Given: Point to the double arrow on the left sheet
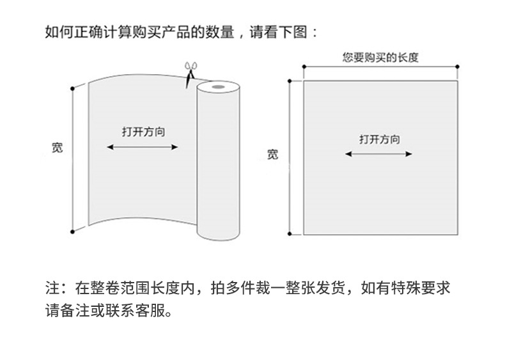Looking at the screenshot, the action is coord(143,147).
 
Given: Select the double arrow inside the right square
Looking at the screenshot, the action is coord(378,153).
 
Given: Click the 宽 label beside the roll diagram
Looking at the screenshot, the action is coord(58,148).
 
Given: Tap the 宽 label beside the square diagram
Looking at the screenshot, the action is coord(273,153).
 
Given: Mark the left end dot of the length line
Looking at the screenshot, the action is coord(303,66).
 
